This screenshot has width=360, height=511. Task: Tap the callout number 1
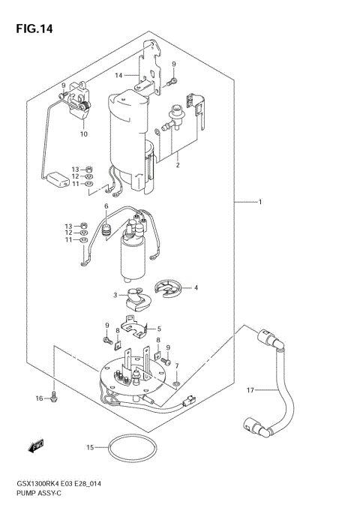pyautogui.click(x=260, y=202)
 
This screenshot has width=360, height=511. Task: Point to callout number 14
pyautogui.click(x=118, y=76)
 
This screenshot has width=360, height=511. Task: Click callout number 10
pyautogui.click(x=84, y=134)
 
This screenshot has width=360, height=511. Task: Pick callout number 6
pyautogui.click(x=106, y=206)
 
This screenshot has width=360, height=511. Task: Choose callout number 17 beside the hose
pyautogui.click(x=251, y=389)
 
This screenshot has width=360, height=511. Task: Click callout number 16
pyautogui.click(x=40, y=398)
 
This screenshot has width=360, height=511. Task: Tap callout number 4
pyautogui.click(x=196, y=287)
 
